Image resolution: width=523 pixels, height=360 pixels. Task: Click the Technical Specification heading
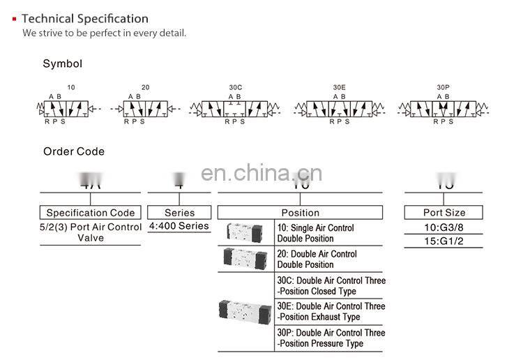(x=84, y=19)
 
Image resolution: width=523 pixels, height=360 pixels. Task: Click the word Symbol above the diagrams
(x=63, y=63)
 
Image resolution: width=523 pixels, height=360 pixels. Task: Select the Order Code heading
(x=74, y=151)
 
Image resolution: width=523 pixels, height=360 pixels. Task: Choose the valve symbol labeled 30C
(x=235, y=109)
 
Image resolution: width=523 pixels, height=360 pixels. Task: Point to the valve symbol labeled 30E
(x=339, y=109)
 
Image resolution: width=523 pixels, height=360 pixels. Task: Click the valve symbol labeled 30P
(x=443, y=109)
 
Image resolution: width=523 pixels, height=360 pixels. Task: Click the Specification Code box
(x=91, y=213)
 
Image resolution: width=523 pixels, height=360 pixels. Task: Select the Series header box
(x=179, y=213)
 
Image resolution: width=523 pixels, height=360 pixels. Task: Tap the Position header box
(x=300, y=213)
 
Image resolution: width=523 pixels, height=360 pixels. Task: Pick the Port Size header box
(x=444, y=213)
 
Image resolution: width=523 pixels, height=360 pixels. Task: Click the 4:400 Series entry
(x=179, y=226)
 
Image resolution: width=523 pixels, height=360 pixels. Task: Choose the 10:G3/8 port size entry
(x=444, y=228)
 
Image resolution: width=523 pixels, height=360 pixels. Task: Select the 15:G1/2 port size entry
(x=444, y=241)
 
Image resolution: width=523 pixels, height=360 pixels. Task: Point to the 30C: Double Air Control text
(x=331, y=285)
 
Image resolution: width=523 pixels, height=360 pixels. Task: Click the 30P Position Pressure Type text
(x=331, y=338)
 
